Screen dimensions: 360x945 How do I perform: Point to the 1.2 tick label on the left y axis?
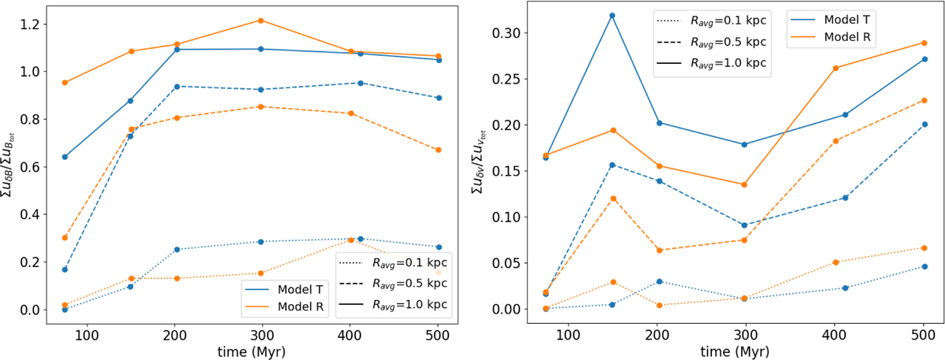pos(29,24)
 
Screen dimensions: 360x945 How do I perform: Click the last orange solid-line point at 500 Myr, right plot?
pos(924,43)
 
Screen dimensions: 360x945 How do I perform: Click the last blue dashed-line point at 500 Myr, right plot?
pos(924,124)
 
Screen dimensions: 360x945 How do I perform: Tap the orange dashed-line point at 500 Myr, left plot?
pos(439,150)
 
